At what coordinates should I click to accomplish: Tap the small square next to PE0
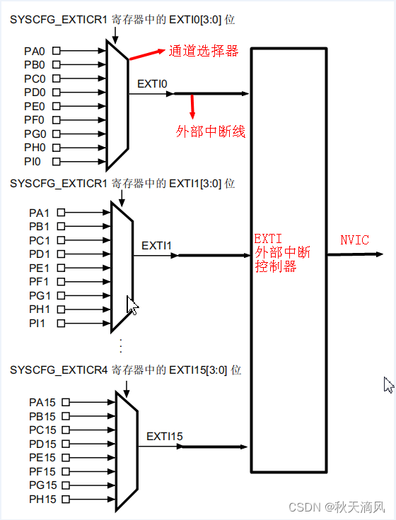[57, 106]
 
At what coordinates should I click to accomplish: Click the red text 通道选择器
[203, 51]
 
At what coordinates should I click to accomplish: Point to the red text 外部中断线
[210, 131]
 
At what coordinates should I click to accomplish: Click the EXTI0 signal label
[152, 84]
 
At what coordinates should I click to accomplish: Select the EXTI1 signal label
[157, 246]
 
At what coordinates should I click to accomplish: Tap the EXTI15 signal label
[164, 437]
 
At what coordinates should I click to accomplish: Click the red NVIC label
[354, 240]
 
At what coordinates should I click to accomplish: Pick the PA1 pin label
[40, 213]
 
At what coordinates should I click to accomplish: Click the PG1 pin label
[40, 295]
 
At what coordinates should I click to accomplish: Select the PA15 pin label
[42, 402]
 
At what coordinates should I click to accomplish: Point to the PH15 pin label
[42, 499]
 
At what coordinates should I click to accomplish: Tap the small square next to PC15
[66, 430]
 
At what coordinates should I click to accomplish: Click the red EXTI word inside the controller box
[269, 240]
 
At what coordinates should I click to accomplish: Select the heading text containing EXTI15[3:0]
[126, 370]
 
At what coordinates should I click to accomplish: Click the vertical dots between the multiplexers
[121, 345]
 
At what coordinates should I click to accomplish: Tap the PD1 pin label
[40, 254]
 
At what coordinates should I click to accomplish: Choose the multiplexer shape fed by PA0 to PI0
[117, 105]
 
